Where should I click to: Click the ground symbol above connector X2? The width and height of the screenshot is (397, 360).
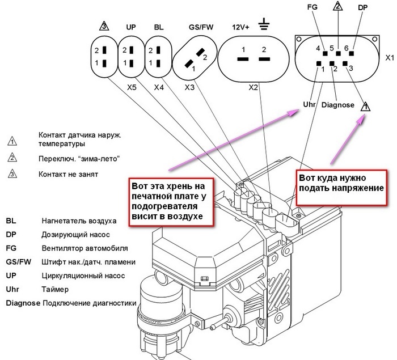point(263,26)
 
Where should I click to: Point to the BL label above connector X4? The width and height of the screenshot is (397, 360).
point(159,27)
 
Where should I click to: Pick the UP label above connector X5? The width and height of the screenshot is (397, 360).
point(131,27)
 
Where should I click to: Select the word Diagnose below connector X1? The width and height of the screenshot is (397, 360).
point(337,105)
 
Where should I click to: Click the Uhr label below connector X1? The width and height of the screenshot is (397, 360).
point(310,104)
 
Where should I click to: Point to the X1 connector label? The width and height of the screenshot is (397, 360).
point(390,58)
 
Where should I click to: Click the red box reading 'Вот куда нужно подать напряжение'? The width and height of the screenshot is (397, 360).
point(341,183)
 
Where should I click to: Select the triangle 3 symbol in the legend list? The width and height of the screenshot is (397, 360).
point(12,173)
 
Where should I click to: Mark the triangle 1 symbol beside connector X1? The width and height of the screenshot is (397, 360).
point(366,105)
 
